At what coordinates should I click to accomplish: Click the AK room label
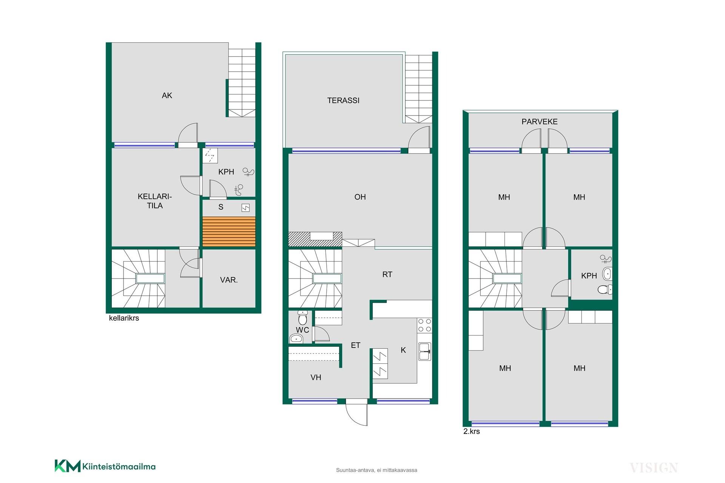click(167, 95)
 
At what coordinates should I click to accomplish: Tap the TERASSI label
click(343, 100)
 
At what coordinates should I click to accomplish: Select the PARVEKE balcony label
click(540, 122)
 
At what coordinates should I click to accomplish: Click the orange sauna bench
click(229, 232)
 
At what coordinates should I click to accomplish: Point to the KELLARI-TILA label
click(155, 201)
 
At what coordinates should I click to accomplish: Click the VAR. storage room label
click(229, 280)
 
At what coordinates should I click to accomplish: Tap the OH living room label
click(360, 197)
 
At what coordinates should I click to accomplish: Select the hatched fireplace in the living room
click(315, 239)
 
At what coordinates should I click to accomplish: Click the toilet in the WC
click(303, 318)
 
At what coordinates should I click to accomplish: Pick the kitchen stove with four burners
click(424, 325)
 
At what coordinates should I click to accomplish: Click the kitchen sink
click(425, 351)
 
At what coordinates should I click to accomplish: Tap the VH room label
click(316, 377)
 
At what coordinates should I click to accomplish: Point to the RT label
click(387, 274)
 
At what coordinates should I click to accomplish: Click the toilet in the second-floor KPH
click(605, 289)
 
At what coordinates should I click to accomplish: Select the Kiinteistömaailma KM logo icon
click(68, 466)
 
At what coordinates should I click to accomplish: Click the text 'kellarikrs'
click(124, 318)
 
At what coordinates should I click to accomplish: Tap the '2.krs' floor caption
click(472, 431)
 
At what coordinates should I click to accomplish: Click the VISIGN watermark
click(654, 468)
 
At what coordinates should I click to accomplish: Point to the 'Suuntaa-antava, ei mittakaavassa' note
click(377, 470)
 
